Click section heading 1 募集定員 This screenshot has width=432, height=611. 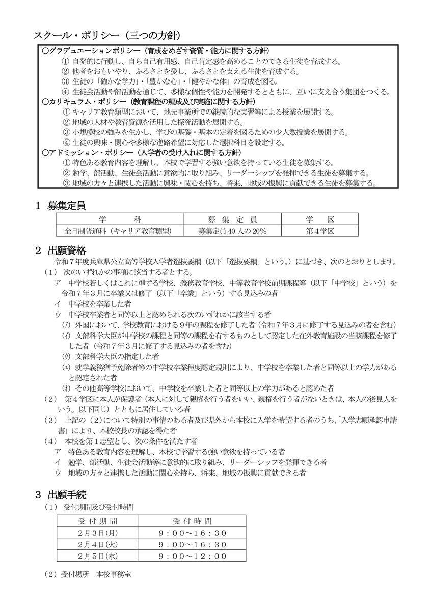(x=60, y=206)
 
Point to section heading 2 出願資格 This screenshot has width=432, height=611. (x=60, y=251)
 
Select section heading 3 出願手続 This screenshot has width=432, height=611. (x=60, y=494)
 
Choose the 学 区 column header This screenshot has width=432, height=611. (x=320, y=220)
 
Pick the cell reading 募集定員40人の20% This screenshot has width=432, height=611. (x=232, y=231)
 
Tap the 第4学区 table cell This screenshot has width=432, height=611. (x=320, y=231)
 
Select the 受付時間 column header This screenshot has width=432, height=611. (x=192, y=521)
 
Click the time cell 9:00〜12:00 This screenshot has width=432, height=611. (x=192, y=556)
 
